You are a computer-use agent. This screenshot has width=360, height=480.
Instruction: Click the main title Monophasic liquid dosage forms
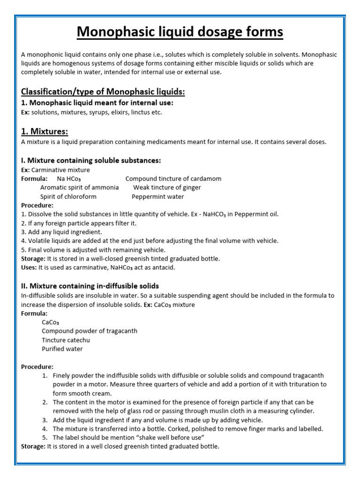180,32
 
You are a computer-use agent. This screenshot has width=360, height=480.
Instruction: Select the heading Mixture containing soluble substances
91,160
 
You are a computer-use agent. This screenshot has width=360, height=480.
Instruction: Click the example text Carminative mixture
60,170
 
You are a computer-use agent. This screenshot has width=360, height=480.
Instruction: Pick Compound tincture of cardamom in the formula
173,179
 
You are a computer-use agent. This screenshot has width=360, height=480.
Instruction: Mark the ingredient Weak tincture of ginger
167,187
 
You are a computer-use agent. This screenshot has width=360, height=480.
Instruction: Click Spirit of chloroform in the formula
68,196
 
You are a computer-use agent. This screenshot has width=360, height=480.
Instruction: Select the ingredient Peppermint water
158,196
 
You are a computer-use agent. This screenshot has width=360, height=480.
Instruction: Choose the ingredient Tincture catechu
66,340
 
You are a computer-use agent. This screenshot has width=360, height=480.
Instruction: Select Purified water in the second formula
62,349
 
